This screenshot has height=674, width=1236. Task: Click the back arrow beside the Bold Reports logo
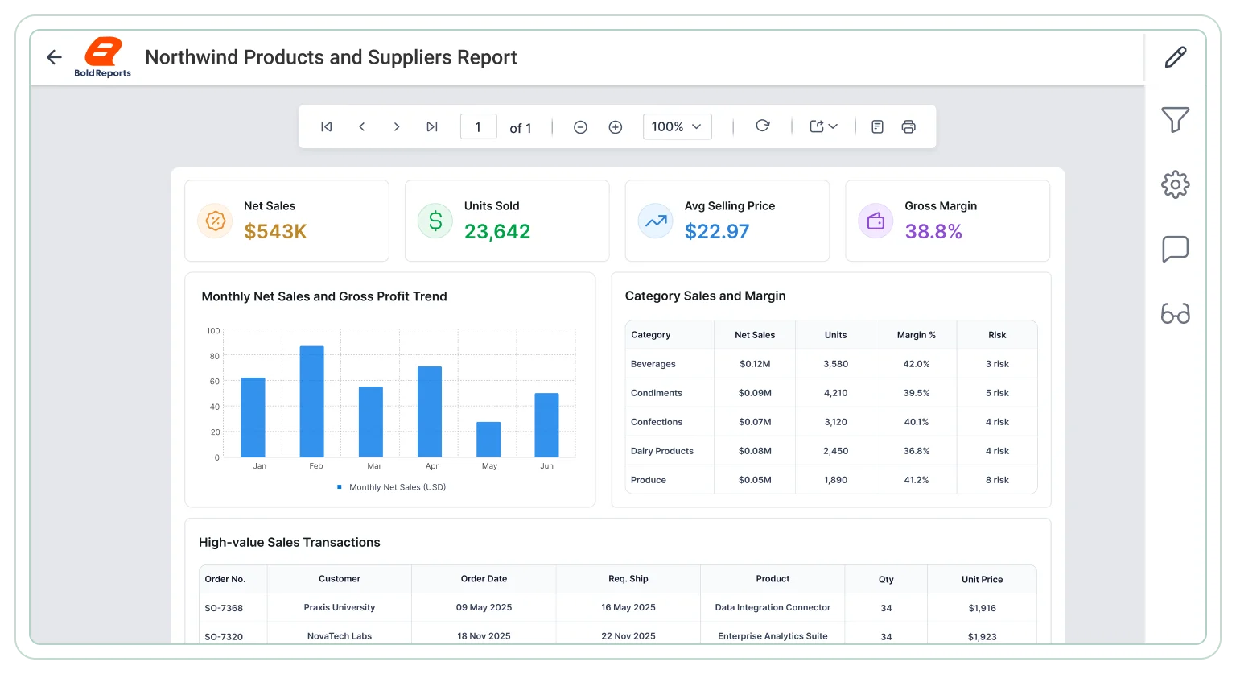54,57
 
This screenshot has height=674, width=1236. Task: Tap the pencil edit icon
1176,57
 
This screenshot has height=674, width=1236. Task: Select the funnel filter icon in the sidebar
1176,119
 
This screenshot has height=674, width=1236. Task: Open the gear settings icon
1176,184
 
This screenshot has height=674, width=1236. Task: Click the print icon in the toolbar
908,127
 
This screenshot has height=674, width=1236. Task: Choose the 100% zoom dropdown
677,127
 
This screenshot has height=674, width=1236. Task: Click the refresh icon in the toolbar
763,126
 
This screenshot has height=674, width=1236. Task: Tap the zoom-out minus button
580,127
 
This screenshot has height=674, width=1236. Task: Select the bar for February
311,401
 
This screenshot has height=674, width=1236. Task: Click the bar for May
488,440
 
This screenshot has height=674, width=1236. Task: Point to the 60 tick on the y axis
215,382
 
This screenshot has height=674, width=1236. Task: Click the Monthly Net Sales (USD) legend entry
391,487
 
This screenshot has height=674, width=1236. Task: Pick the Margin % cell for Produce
916,480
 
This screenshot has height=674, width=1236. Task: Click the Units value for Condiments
835,393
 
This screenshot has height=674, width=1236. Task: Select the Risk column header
997,335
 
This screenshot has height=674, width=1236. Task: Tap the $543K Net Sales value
275,231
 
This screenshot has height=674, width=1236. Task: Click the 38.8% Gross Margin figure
933,231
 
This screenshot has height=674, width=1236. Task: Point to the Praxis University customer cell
340,607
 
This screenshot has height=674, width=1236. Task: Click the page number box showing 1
479,127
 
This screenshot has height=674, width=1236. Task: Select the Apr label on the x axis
431,466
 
